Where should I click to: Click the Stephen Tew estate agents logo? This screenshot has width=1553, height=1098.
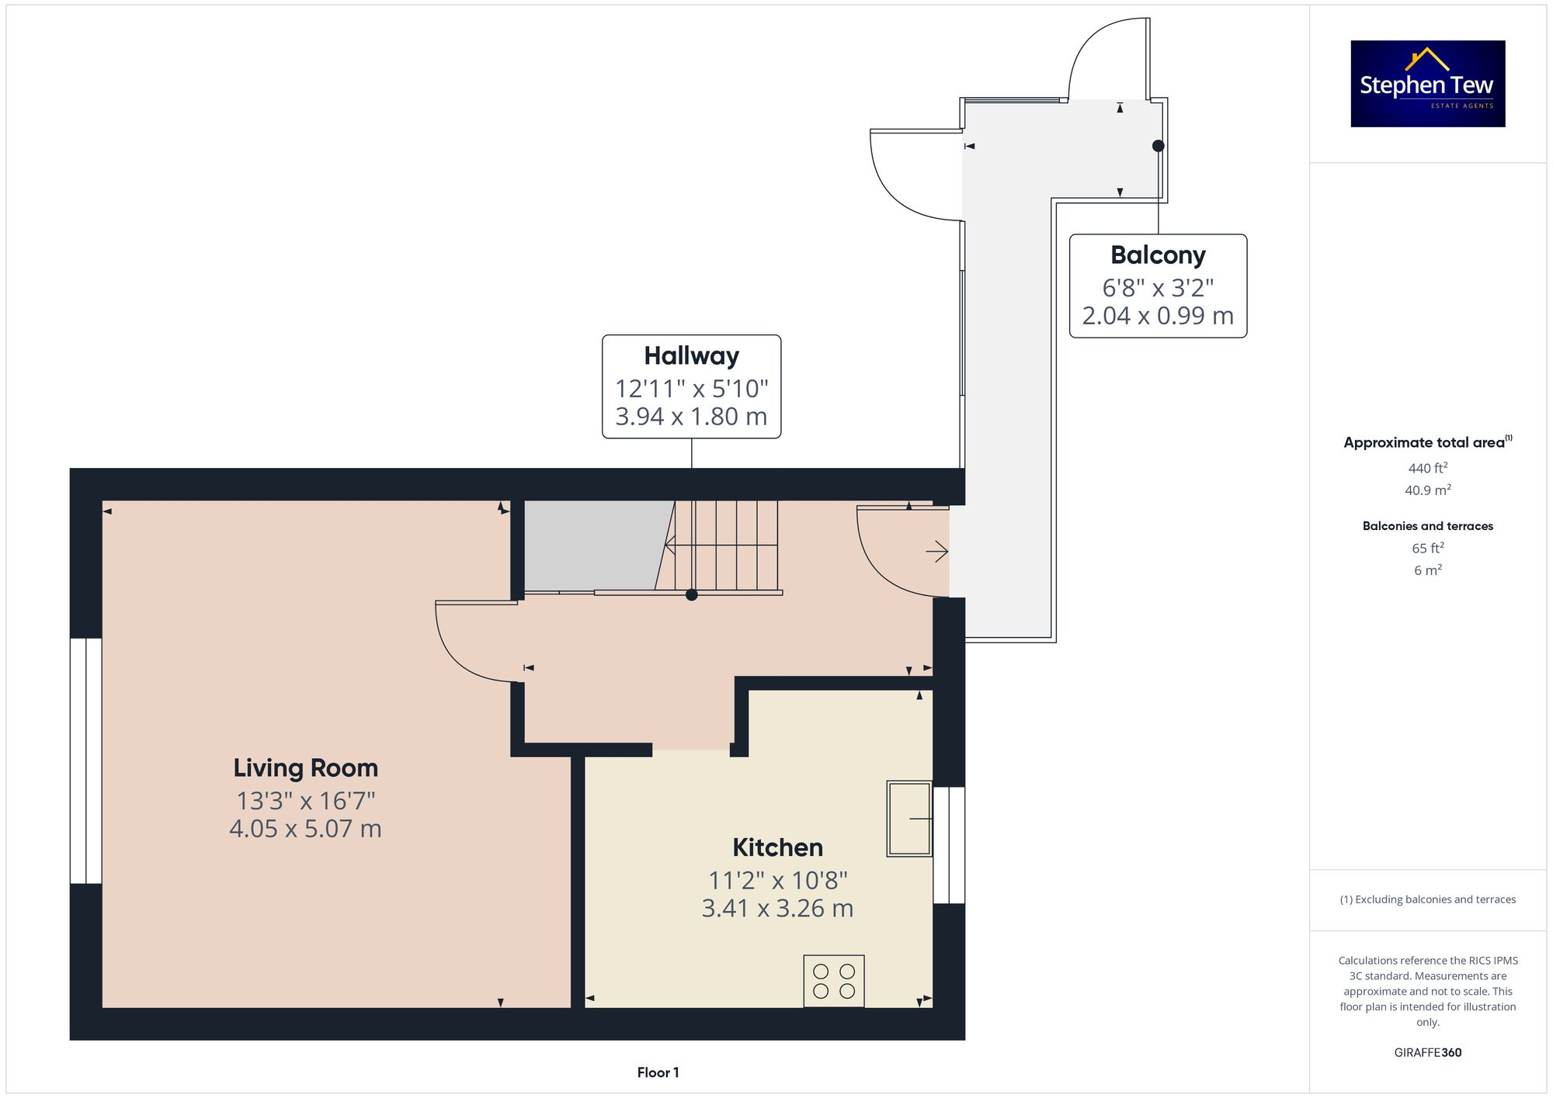pos(1427,84)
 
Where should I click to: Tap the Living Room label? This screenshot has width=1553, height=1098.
pos(305,768)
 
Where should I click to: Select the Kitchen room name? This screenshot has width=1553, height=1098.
pos(777,847)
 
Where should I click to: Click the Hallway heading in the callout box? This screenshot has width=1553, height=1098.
pos(691,356)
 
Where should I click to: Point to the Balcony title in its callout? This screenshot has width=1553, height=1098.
pos(1158,255)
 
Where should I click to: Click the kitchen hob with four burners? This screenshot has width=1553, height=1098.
pos(834,981)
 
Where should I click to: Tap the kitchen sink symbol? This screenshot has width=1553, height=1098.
pos(909,819)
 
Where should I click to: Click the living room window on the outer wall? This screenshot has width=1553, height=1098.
pos(85,760)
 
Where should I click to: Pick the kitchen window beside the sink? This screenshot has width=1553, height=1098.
pos(949,845)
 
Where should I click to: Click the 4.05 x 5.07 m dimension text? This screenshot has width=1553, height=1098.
pos(305,829)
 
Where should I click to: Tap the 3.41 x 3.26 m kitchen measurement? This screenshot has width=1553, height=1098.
pos(777,908)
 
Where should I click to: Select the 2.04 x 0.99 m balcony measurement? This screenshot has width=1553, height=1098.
pos(1158,316)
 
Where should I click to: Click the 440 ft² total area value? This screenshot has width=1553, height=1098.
pos(1427,468)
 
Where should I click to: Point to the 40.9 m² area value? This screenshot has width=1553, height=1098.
pos(1427,490)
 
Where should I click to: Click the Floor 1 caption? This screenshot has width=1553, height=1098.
pos(658,1072)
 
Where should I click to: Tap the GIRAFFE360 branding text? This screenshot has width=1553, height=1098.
pos(1427,1052)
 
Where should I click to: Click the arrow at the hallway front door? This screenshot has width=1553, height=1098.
pos(937,552)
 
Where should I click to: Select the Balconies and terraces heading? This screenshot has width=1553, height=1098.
pos(1427,526)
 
